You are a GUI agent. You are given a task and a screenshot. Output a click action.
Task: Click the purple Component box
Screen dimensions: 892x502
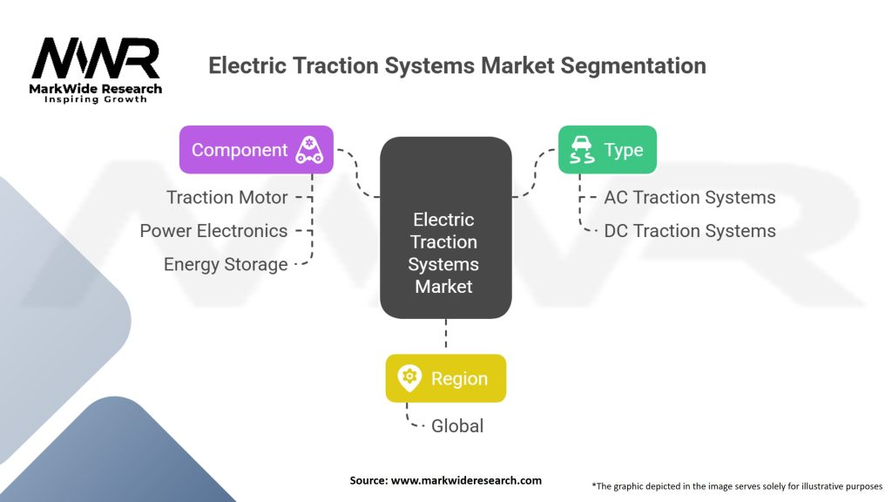[x=256, y=150]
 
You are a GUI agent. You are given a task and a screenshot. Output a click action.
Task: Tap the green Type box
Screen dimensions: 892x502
[x=607, y=150]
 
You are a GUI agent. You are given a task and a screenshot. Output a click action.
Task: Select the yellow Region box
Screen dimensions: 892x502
[x=445, y=378]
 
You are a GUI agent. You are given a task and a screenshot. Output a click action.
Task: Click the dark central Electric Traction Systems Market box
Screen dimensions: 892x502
[x=445, y=227]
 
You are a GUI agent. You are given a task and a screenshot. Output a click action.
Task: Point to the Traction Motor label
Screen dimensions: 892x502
[x=227, y=197]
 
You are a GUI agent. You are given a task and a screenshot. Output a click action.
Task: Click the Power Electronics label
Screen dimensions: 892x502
[x=213, y=230]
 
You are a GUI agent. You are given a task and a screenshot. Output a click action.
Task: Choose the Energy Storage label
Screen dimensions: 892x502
[x=226, y=264]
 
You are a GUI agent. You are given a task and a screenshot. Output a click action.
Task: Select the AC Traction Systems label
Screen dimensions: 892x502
[x=690, y=197]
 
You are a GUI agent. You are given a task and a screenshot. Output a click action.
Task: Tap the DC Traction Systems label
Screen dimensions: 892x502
[x=690, y=230]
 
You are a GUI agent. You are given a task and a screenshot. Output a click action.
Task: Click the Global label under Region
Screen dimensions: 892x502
[x=456, y=425]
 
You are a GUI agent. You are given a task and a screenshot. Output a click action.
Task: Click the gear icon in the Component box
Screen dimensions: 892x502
[x=309, y=150]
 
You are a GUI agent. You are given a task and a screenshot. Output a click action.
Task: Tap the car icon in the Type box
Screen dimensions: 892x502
[x=582, y=150]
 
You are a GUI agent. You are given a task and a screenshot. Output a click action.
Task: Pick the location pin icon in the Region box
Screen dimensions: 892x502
[x=409, y=378]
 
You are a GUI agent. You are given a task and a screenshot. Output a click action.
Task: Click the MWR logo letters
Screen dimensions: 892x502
[x=95, y=58]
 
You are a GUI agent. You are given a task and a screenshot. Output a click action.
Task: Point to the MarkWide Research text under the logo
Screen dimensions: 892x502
[x=95, y=89]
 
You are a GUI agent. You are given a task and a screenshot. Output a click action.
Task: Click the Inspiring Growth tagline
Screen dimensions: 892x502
[x=96, y=99]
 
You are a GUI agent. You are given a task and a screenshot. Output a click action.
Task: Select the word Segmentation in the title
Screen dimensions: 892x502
[x=633, y=66]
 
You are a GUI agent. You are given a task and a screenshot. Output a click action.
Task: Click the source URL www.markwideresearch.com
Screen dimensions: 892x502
[x=466, y=480]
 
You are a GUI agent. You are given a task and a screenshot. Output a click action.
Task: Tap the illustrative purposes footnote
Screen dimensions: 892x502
[x=737, y=486]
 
